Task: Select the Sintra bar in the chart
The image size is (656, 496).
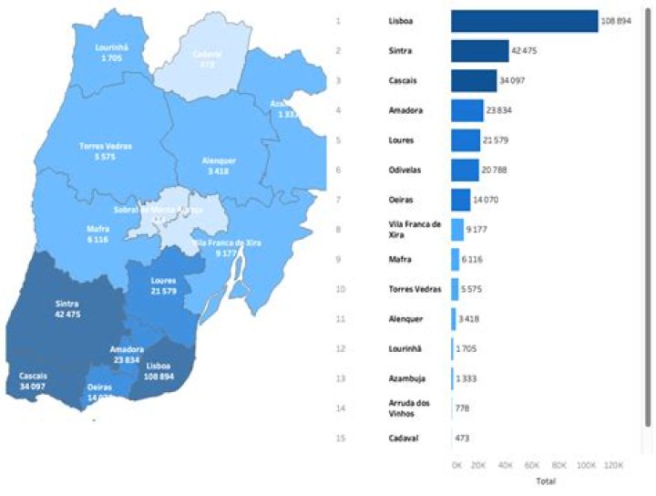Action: [x=479, y=51]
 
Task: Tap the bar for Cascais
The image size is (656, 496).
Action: [x=474, y=81]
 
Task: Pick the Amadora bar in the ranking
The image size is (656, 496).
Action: [x=466, y=110]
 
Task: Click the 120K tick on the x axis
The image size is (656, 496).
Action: [x=613, y=465]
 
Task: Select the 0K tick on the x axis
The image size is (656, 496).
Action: [x=457, y=465]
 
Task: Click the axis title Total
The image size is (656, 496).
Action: [x=547, y=480]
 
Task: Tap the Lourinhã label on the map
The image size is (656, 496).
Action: [x=115, y=52]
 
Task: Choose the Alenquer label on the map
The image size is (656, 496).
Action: [x=219, y=165]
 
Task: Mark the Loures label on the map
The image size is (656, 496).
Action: [x=163, y=285]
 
